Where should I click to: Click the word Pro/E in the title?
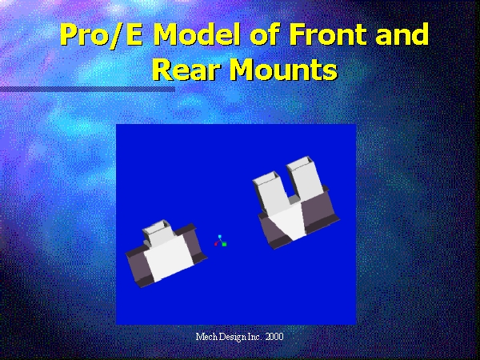(x=102, y=35)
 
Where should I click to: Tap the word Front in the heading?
(x=329, y=34)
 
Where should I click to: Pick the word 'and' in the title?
(x=402, y=34)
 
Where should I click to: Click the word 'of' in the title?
(x=266, y=34)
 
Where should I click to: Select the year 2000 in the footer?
(x=274, y=337)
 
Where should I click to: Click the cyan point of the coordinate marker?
(x=220, y=237)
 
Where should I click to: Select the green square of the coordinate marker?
(x=224, y=244)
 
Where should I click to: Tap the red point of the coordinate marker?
(x=216, y=244)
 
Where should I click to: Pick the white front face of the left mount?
(x=169, y=258)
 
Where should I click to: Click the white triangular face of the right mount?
(x=288, y=221)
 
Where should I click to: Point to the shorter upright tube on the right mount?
(x=270, y=193)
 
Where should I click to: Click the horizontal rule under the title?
(x=87, y=89)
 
